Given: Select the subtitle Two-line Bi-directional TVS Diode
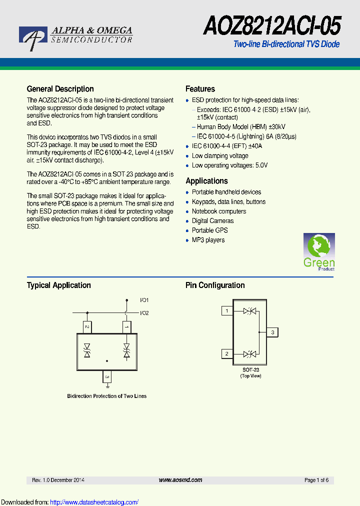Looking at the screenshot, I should (286, 44).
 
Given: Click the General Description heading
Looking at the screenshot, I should (60, 89).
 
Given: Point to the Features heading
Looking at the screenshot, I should (200, 89).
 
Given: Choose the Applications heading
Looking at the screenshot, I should (206, 181).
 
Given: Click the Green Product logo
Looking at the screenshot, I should (319, 252).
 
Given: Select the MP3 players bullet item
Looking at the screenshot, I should (208, 240).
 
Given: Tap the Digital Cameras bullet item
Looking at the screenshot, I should (212, 221).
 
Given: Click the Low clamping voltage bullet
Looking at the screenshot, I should (220, 156).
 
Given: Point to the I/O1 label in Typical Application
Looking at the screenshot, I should (144, 300).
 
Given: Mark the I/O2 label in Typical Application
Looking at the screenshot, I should (144, 313).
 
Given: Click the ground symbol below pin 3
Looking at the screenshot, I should (107, 385).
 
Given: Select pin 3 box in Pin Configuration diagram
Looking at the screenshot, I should (272, 332).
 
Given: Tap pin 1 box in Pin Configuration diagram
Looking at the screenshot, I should (227, 311).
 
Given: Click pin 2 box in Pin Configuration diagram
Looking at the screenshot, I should (227, 354).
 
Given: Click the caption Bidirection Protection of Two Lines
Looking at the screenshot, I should (107, 396).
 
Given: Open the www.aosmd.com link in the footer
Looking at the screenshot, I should (180, 480).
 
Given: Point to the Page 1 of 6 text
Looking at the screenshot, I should (316, 480).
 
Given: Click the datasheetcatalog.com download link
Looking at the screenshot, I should (94, 502).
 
